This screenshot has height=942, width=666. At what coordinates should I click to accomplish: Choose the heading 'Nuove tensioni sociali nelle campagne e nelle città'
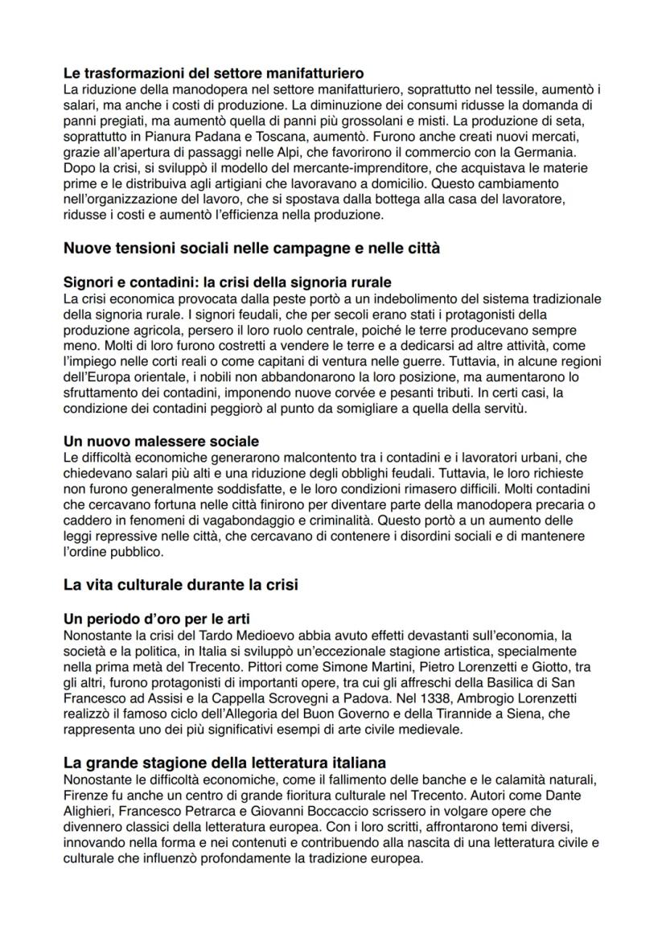(251, 248)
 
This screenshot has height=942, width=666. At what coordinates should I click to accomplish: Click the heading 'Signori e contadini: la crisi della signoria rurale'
(228, 283)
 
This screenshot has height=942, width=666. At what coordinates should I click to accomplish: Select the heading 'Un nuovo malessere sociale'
(161, 442)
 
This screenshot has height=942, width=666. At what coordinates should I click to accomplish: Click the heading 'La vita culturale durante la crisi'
(180, 585)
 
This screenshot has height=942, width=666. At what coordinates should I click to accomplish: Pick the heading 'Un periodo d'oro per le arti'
(156, 620)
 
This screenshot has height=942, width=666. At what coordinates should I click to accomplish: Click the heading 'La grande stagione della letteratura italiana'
(224, 762)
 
